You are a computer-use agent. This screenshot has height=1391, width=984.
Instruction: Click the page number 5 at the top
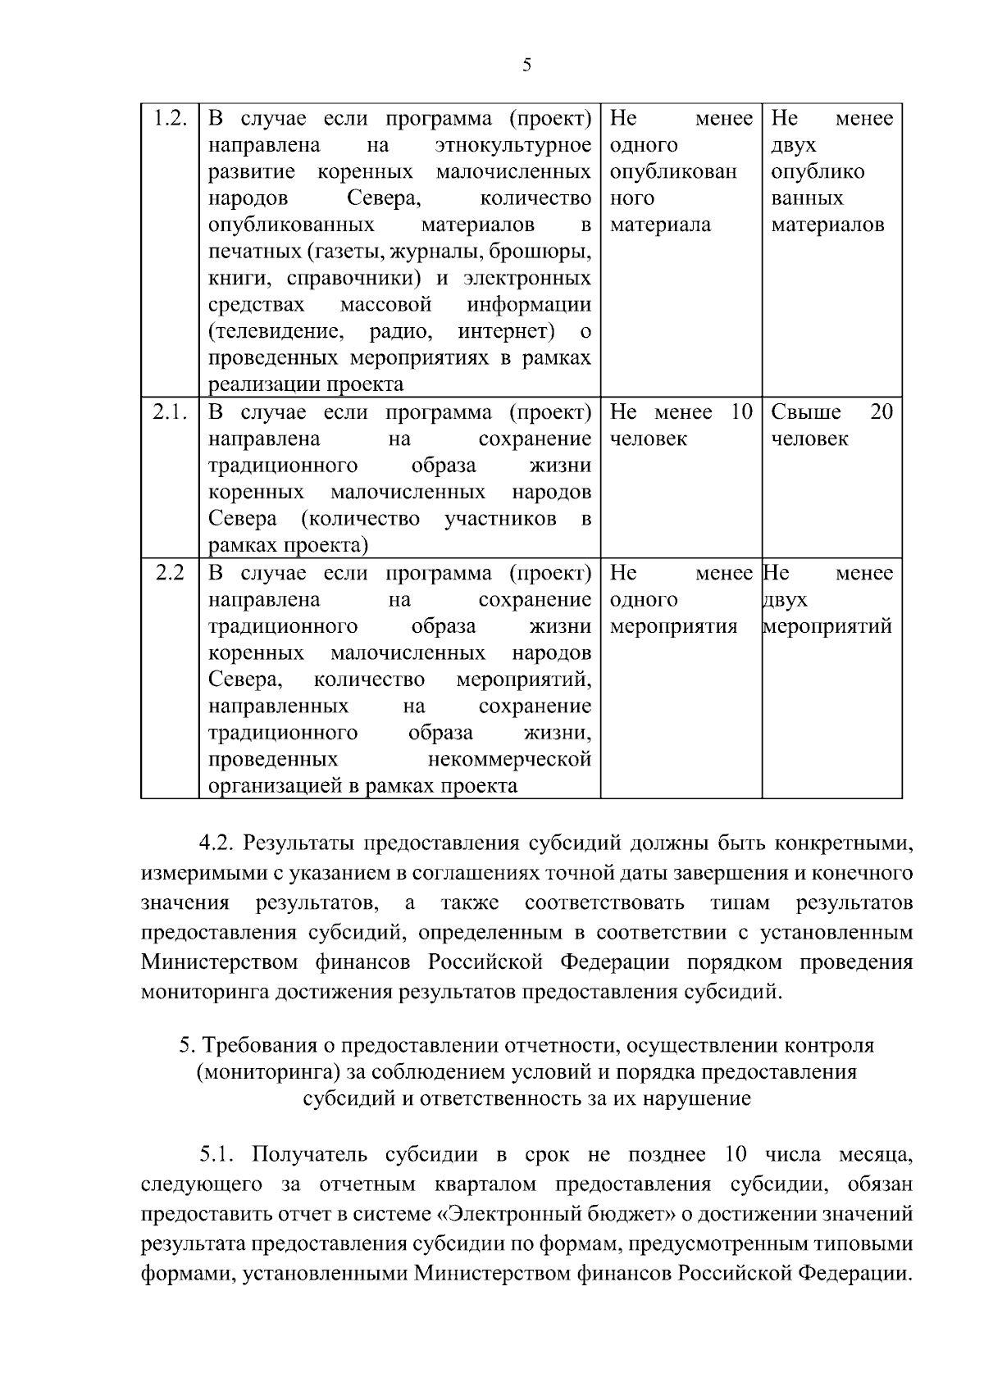pos(526,66)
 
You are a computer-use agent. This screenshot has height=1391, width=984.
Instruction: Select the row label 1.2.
pos(171,119)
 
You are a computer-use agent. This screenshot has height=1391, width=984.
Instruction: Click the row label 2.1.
pos(171,412)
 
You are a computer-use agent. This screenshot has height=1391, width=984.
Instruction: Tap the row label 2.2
pos(170,573)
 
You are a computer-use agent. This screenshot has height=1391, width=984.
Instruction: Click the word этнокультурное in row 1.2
pos(512,146)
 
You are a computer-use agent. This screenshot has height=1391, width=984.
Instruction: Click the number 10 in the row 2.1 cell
pos(740,412)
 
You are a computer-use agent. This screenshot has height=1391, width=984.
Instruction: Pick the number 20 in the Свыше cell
pos(881,412)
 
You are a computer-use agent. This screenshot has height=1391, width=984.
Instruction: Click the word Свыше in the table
pos(806,412)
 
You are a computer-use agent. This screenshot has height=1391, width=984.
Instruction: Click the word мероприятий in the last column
pos(827,627)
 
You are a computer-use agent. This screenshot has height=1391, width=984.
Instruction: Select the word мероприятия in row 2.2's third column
pos(674,627)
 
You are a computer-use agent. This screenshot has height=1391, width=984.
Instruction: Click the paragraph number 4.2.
pos(216,843)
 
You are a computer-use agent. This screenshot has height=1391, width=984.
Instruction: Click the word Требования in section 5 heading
pos(253,1046)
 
